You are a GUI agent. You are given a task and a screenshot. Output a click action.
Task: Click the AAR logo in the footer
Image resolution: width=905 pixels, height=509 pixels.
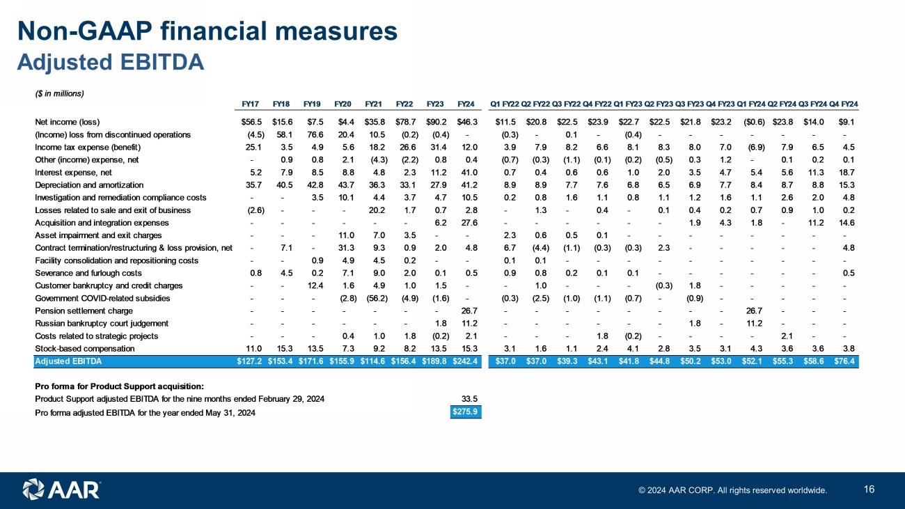[x=62, y=489]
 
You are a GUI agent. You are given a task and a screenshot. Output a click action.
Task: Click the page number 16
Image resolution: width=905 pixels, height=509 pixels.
[x=869, y=489]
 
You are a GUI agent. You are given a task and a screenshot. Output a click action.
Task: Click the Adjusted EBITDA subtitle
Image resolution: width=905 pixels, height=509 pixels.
[x=110, y=63]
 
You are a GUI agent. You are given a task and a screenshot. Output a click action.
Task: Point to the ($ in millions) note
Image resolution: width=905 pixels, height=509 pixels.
[x=59, y=93]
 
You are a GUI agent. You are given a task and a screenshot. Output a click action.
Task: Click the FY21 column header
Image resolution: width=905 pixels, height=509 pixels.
[x=374, y=104]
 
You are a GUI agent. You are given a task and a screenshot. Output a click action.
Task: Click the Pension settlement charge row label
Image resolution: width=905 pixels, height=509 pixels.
[x=84, y=311]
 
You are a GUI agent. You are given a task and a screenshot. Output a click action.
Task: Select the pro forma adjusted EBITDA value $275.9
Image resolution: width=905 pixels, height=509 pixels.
[x=466, y=413]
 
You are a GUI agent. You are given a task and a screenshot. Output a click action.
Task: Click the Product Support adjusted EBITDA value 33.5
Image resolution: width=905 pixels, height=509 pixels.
[x=469, y=398]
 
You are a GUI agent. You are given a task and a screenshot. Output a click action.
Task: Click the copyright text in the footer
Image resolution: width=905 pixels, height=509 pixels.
[x=733, y=490]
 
